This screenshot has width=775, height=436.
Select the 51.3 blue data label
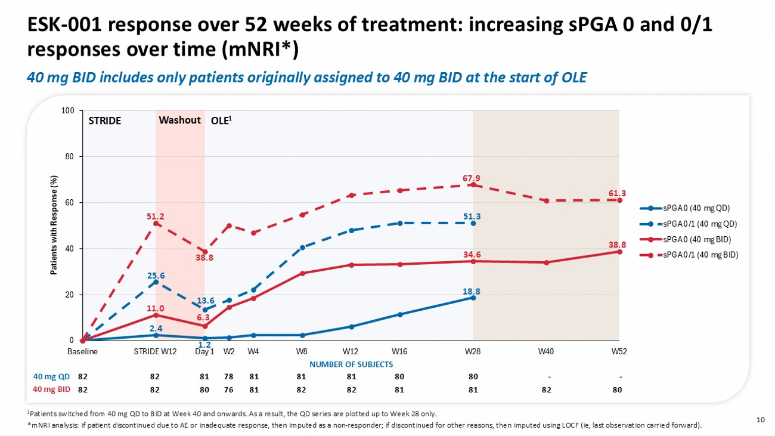point(473,215)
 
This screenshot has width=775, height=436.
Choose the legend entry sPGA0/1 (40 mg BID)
point(695,255)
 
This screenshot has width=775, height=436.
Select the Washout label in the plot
point(179,120)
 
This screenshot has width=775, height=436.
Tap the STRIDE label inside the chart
point(105,120)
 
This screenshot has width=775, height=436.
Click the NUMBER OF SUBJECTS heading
point(351,364)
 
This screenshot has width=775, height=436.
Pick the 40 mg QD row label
point(52,376)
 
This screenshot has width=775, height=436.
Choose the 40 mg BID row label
point(52,389)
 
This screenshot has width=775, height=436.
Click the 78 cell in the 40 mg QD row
point(228,376)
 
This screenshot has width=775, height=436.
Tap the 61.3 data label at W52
point(617,193)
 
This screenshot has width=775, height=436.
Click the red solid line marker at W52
point(619,252)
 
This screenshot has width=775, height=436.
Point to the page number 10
point(760,420)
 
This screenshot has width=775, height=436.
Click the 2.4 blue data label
point(156,328)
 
